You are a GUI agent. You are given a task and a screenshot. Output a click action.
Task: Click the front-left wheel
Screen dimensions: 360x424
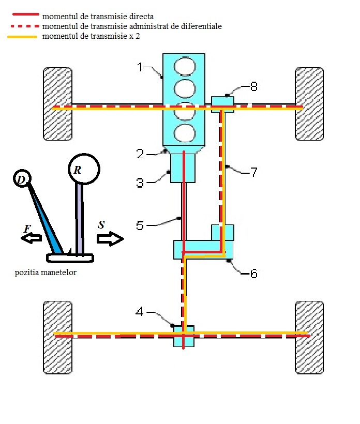[x=57, y=104]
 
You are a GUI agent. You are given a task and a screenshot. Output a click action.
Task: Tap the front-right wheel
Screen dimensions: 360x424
[x=309, y=104]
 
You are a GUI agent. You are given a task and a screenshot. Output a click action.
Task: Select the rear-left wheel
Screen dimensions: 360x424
[x=57, y=338]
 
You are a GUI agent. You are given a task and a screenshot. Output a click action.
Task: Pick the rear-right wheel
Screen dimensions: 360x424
[x=309, y=338]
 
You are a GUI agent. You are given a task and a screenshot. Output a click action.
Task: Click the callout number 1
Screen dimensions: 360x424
[x=140, y=67]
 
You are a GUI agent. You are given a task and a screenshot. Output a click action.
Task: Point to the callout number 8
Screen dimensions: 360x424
[x=253, y=86]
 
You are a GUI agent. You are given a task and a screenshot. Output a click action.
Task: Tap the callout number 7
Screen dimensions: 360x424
[x=254, y=172]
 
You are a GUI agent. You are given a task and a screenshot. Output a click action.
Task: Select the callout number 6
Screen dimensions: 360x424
[x=253, y=274]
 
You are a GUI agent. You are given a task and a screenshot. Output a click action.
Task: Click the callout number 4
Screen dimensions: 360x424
[x=139, y=312]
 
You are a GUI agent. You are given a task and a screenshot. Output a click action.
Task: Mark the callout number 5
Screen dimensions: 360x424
[x=140, y=225]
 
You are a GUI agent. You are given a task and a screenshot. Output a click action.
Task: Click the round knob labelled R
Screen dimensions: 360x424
[x=84, y=169]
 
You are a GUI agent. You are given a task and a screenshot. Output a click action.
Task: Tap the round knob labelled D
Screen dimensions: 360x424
[x=22, y=178]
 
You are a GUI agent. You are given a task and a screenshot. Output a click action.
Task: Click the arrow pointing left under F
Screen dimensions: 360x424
[x=32, y=238]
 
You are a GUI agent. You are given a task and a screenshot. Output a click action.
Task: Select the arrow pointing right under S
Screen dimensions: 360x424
[x=110, y=239]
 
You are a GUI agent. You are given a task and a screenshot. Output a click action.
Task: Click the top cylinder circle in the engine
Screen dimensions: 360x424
[x=185, y=66]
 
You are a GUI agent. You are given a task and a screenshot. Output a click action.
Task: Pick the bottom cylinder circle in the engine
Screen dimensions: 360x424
[x=185, y=134]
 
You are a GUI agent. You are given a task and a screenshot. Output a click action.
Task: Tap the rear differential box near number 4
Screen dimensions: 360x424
[x=184, y=336]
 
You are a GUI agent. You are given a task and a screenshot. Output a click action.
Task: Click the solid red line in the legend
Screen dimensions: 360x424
[x=26, y=14]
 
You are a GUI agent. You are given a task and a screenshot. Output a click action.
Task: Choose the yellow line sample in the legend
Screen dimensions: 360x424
[x=22, y=37]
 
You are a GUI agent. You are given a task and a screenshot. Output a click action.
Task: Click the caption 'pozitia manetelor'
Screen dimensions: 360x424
[x=46, y=272]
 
